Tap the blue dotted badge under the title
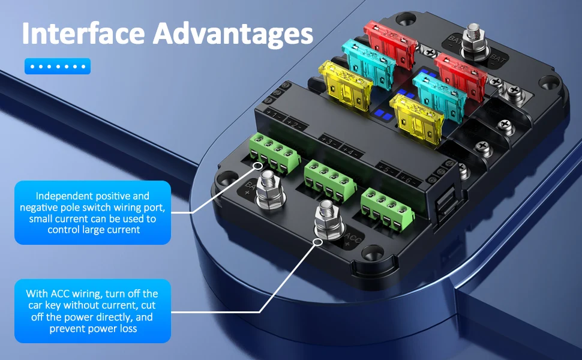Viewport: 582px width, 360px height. (57, 66)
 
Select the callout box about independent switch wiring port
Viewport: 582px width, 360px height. (92, 212)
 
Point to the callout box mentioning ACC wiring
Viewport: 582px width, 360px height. (92, 311)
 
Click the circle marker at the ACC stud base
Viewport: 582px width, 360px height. (317, 242)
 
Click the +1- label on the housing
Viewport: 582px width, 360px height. (272, 114)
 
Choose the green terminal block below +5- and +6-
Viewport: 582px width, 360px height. (386, 208)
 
